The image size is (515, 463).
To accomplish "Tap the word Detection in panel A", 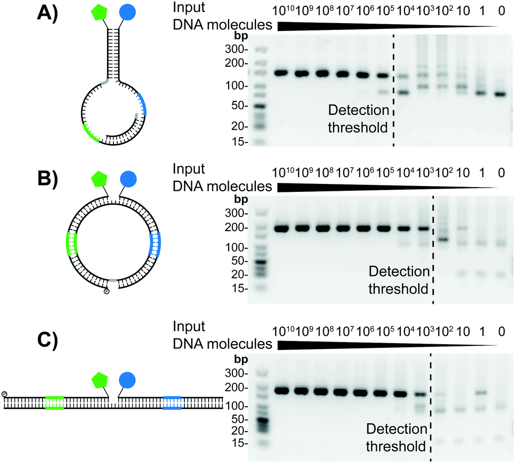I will (x=359, y=110).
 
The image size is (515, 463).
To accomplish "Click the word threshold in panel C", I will (x=396, y=447).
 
